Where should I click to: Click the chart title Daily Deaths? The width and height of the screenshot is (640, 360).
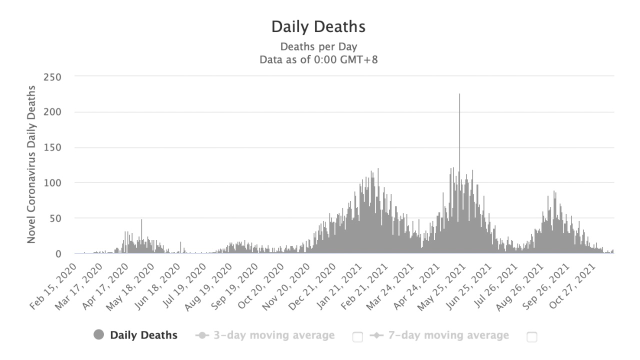(x=318, y=27)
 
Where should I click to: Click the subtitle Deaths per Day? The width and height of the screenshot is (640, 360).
(x=318, y=47)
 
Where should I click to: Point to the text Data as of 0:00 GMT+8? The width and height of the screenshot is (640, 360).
(x=318, y=60)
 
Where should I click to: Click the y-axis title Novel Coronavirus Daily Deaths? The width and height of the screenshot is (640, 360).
(x=31, y=164)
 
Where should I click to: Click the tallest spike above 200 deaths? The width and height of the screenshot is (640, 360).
(x=459, y=100)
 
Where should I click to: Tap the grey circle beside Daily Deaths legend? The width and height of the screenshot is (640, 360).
(x=99, y=335)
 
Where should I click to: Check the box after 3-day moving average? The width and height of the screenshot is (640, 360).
(x=357, y=337)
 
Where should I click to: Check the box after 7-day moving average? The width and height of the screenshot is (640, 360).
(x=532, y=337)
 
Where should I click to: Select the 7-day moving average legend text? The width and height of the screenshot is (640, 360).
(x=448, y=335)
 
